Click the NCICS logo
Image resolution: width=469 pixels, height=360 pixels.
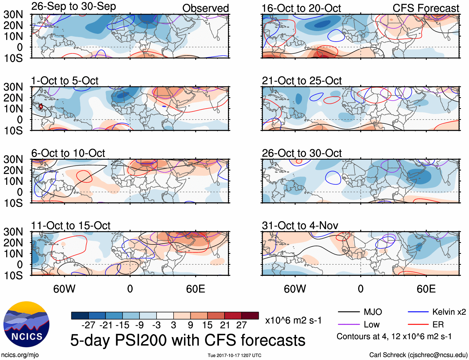point(26,324)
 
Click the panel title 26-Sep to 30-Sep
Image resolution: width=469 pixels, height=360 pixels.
point(74,7)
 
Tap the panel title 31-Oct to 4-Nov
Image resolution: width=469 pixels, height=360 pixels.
point(300,226)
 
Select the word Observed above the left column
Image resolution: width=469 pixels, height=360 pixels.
point(205,8)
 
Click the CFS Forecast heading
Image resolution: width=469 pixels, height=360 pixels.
point(426,8)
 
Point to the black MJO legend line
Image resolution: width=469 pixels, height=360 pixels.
point(348,312)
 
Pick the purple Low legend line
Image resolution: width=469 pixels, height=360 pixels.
point(348,325)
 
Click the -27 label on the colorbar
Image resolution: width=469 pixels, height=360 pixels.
point(88,325)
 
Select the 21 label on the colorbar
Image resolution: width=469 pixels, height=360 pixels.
point(225,325)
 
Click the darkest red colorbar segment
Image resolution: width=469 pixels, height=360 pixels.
point(250,316)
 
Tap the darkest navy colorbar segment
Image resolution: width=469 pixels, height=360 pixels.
point(80,316)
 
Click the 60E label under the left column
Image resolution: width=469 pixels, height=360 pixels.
point(195,289)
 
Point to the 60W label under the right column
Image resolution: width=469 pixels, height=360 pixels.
point(295,289)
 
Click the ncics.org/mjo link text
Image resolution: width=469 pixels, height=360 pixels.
point(20,355)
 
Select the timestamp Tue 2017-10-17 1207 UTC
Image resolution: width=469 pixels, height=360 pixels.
point(234,355)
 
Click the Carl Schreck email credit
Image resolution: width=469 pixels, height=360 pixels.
point(418,355)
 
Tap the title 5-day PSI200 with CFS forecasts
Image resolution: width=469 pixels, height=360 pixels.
point(188,340)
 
